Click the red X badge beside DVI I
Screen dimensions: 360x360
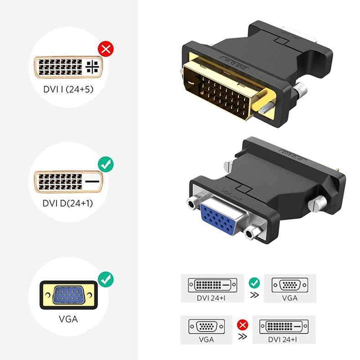106,49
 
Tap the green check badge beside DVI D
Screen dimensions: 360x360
106,165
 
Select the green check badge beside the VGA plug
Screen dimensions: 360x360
106,279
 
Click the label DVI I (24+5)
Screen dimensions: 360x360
68,89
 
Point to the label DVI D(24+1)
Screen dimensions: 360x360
68,203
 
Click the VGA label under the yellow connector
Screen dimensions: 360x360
68,319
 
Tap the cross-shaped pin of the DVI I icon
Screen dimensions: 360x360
92,67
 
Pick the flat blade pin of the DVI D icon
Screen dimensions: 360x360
92,181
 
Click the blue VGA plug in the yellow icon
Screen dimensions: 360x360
69,295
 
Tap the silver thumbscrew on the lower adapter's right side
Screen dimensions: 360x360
318,204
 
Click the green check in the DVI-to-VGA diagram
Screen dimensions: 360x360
254,283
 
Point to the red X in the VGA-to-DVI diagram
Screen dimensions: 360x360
242,325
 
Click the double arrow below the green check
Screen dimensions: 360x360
254,294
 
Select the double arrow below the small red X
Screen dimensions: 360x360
242,336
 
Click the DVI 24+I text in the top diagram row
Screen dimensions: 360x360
211,298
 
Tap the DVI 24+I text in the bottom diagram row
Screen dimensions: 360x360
283,339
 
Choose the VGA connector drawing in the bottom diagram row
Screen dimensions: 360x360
206,326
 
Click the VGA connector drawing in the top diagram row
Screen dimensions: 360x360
290,285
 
